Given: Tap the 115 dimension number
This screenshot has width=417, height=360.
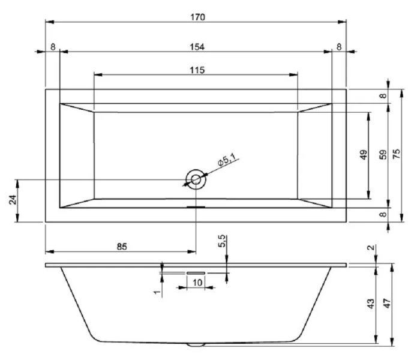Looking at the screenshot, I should point(197,70).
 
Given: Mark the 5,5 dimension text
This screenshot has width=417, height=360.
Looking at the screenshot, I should point(222,242).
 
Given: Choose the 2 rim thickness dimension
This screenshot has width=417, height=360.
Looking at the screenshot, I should point(370,248).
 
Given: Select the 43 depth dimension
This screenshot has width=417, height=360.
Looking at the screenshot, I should point(371,304).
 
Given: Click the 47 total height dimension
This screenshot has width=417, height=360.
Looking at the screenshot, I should point(388,304).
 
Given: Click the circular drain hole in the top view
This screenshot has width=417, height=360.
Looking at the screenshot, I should point(195,179).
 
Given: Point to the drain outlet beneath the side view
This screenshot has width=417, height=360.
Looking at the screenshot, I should point(196,345).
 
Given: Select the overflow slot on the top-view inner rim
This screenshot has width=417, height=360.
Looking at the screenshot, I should point(196,208).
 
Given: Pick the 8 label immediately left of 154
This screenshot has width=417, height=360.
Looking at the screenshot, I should point(53,47).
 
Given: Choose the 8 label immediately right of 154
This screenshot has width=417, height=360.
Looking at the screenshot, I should point(339,47).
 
